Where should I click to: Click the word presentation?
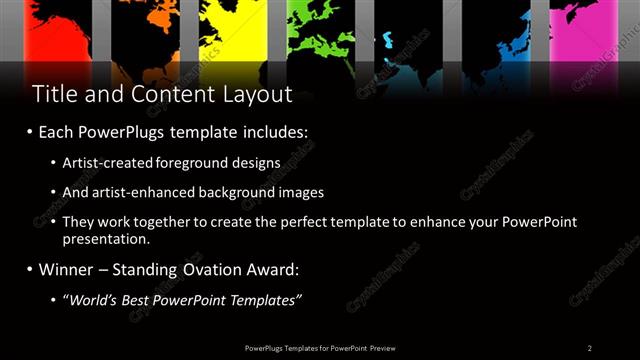pos(105,239)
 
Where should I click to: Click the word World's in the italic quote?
pos(93,299)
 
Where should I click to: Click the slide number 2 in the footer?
pos(590,347)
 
